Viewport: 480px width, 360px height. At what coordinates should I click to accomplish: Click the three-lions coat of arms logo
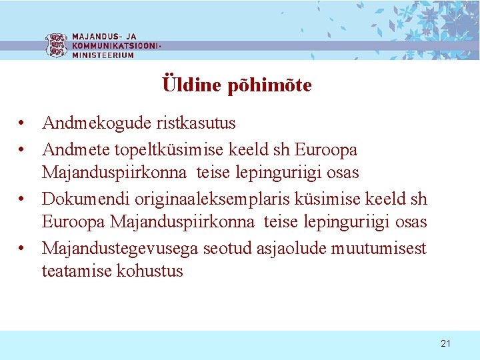point(55,45)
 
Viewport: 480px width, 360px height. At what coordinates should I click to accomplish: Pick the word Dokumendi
point(86,199)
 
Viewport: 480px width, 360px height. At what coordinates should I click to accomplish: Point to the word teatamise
point(77,271)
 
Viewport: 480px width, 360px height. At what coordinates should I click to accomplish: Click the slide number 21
point(445,343)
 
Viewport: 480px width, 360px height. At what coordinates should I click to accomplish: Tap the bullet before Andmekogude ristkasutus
point(23,124)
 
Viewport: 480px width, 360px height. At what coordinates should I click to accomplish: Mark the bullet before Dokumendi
point(23,199)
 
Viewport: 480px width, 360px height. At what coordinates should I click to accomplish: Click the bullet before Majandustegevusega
point(23,249)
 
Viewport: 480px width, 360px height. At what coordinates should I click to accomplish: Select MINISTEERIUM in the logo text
point(103,55)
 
